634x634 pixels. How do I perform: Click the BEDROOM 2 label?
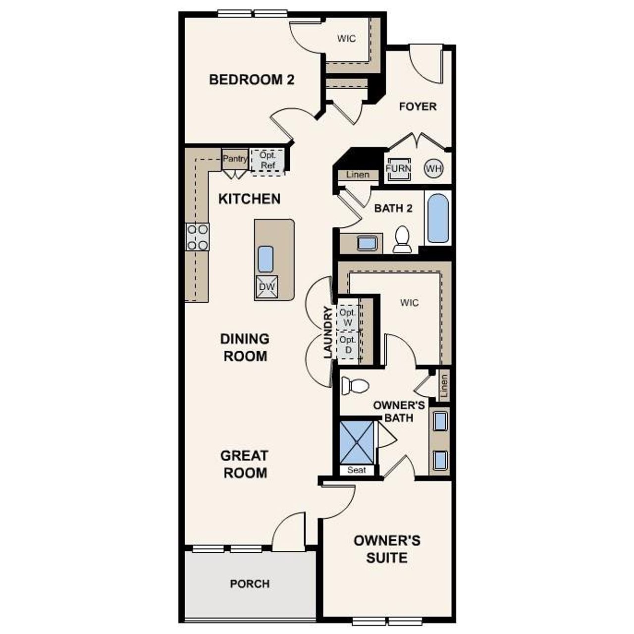click(252, 79)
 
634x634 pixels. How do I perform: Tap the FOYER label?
click(418, 106)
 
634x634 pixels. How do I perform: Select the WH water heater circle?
click(433, 168)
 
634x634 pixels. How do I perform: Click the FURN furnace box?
click(398, 168)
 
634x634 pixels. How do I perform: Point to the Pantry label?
click(235, 159)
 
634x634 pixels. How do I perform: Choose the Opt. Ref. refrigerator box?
click(267, 160)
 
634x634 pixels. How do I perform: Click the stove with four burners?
click(197, 237)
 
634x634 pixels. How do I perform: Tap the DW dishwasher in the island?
click(266, 287)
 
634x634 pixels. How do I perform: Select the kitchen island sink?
click(266, 259)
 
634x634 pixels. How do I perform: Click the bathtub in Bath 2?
click(438, 218)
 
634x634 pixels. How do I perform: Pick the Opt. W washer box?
click(348, 317)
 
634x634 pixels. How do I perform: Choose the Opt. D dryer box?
click(348, 345)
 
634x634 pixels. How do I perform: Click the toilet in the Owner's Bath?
click(356, 386)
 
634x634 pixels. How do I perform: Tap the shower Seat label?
click(357, 470)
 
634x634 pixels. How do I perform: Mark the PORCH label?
click(250, 584)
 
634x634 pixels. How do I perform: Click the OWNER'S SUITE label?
click(387, 549)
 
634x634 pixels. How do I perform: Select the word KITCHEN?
click(250, 199)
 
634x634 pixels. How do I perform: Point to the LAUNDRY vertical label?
click(327, 332)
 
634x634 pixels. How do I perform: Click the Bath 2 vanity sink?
click(367, 243)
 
